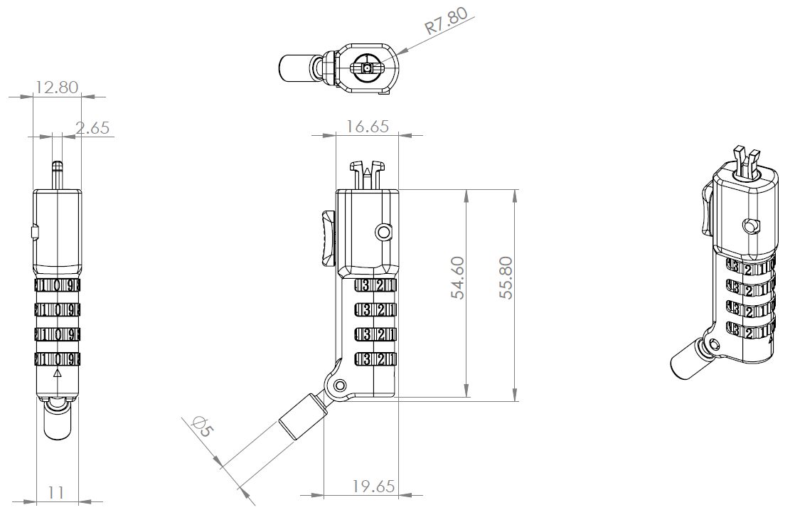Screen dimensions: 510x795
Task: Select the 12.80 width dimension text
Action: (57, 87)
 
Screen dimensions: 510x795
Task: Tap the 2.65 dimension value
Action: (92, 128)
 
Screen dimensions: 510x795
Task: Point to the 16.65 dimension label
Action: (367, 127)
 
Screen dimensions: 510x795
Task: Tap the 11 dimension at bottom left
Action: (57, 492)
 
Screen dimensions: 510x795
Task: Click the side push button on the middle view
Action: (327, 238)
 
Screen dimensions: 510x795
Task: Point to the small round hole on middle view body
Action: (384, 232)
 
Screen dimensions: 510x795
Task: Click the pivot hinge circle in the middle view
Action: (340, 386)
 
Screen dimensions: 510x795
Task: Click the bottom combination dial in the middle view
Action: (374, 358)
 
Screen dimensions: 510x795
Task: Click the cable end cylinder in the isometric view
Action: (687, 362)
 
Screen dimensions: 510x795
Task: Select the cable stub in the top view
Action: (295, 68)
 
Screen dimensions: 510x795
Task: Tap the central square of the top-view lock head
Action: (366, 68)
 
